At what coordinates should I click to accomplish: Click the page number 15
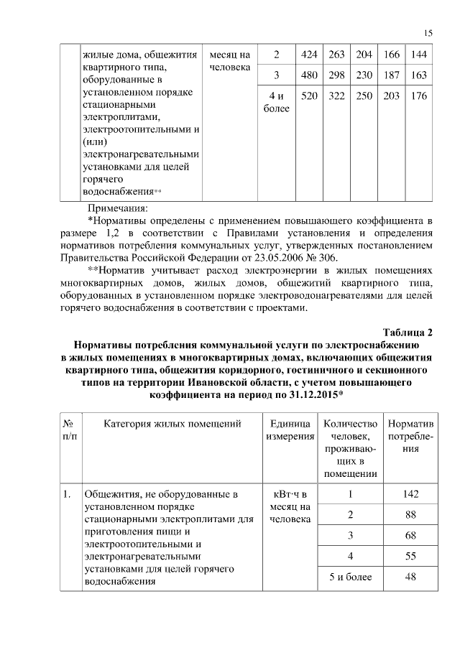pos(428,33)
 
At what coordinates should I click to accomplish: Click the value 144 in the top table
pos(419,55)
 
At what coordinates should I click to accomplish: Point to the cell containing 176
pos(419,96)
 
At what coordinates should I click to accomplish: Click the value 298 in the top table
pos(337,75)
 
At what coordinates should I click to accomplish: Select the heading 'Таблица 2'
pos(408,332)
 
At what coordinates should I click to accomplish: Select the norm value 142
pos(410,494)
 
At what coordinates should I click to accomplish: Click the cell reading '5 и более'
pos(350,578)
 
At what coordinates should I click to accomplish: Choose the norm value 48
pos(410,578)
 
